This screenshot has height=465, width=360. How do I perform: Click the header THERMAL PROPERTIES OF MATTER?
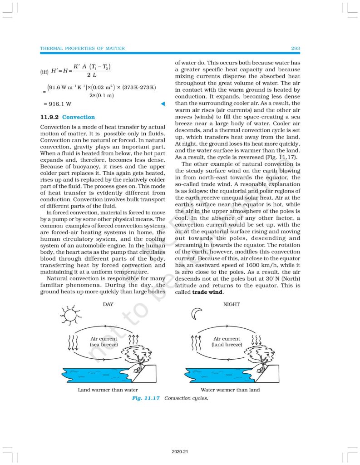(82, 48)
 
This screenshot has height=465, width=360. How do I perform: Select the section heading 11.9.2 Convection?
(68, 117)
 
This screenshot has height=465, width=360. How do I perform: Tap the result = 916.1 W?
(57, 105)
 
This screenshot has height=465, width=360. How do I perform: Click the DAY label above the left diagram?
(108, 304)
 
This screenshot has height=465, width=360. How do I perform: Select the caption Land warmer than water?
(108, 390)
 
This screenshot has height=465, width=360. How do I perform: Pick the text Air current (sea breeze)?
(104, 341)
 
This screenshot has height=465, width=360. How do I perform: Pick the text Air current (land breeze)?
(227, 341)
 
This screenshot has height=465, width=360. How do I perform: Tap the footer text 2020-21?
(180, 452)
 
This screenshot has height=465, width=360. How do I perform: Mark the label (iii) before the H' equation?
(45, 71)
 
